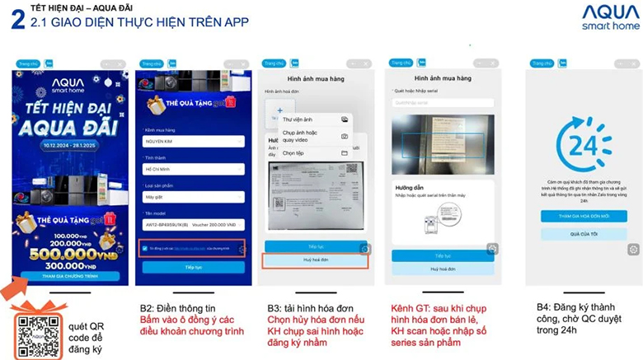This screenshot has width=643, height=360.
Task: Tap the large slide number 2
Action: point(16,20)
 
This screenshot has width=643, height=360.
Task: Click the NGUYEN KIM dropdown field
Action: point(193,143)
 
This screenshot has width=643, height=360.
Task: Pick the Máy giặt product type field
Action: point(193,197)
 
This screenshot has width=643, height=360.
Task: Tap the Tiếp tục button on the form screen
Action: point(193,268)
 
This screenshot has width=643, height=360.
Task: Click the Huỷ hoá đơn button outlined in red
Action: point(315,260)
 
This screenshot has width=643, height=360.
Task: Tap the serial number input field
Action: point(443,103)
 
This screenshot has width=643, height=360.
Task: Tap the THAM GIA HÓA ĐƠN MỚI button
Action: point(584,216)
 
